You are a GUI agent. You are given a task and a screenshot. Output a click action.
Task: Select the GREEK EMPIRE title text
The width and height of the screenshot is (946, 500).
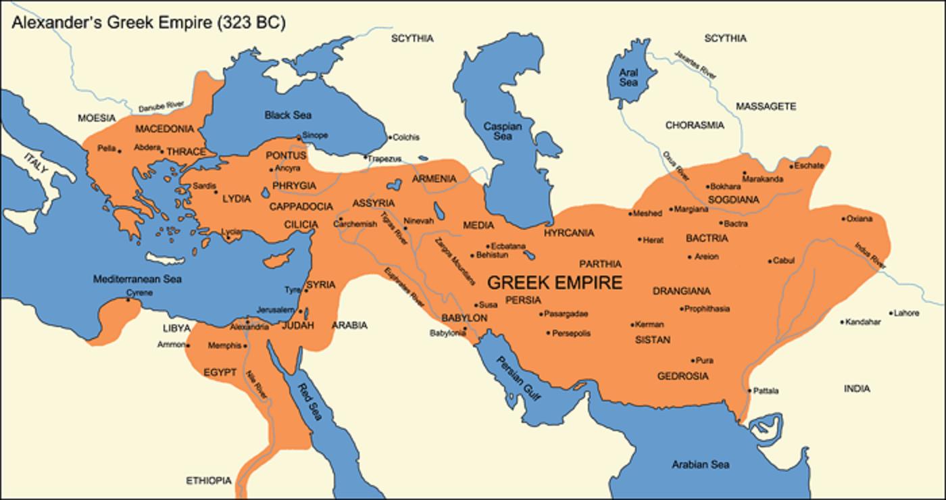(555, 282)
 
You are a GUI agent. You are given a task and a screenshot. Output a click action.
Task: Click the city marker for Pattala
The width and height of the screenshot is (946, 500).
(749, 391)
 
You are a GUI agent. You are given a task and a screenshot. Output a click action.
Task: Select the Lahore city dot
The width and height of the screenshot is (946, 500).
(891, 314)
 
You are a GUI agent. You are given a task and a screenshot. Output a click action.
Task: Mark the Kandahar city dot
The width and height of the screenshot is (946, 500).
(843, 322)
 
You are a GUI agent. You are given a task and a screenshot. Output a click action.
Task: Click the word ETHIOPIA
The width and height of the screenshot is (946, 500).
(209, 481)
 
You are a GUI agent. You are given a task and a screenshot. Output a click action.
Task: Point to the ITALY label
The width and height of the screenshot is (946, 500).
(36, 166)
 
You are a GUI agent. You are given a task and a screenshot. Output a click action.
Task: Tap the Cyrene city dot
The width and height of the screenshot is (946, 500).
(128, 300)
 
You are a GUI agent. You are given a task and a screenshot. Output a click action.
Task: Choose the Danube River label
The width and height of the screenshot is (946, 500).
(161, 106)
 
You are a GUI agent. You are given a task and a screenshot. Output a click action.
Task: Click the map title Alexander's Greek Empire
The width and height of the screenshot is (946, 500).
(148, 22)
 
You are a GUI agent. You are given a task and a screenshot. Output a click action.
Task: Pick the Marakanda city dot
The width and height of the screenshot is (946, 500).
(744, 173)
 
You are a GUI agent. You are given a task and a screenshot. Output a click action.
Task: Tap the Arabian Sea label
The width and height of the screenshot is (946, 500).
(700, 464)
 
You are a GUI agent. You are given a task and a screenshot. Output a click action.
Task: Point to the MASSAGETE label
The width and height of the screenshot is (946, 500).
(766, 107)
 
